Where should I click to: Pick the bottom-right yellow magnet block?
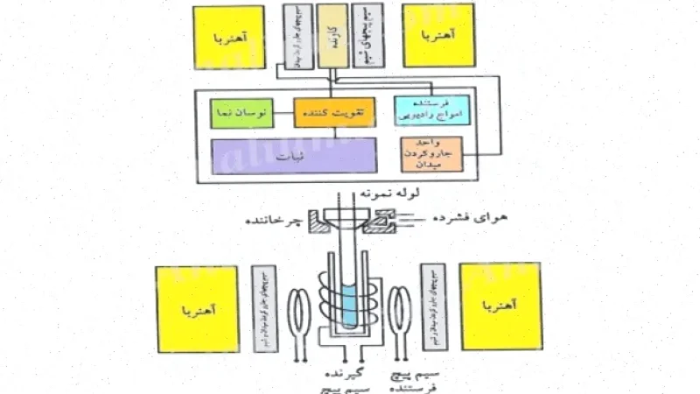click(500, 306)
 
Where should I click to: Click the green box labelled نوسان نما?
click(242, 113)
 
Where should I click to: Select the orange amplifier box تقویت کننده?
click(333, 112)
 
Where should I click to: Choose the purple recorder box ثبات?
click(294, 158)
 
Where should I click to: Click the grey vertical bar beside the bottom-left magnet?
click(261, 306)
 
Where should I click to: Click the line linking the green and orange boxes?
click(284, 113)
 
